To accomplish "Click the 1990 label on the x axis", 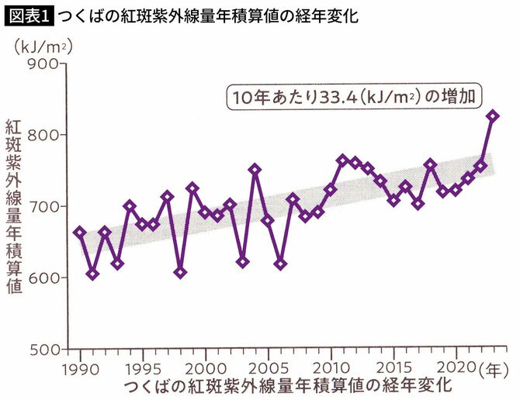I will (x=79, y=366).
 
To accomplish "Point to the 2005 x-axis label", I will (x=269, y=366).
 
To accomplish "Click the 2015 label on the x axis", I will (x=396, y=366).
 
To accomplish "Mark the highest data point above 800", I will (x=493, y=116).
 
